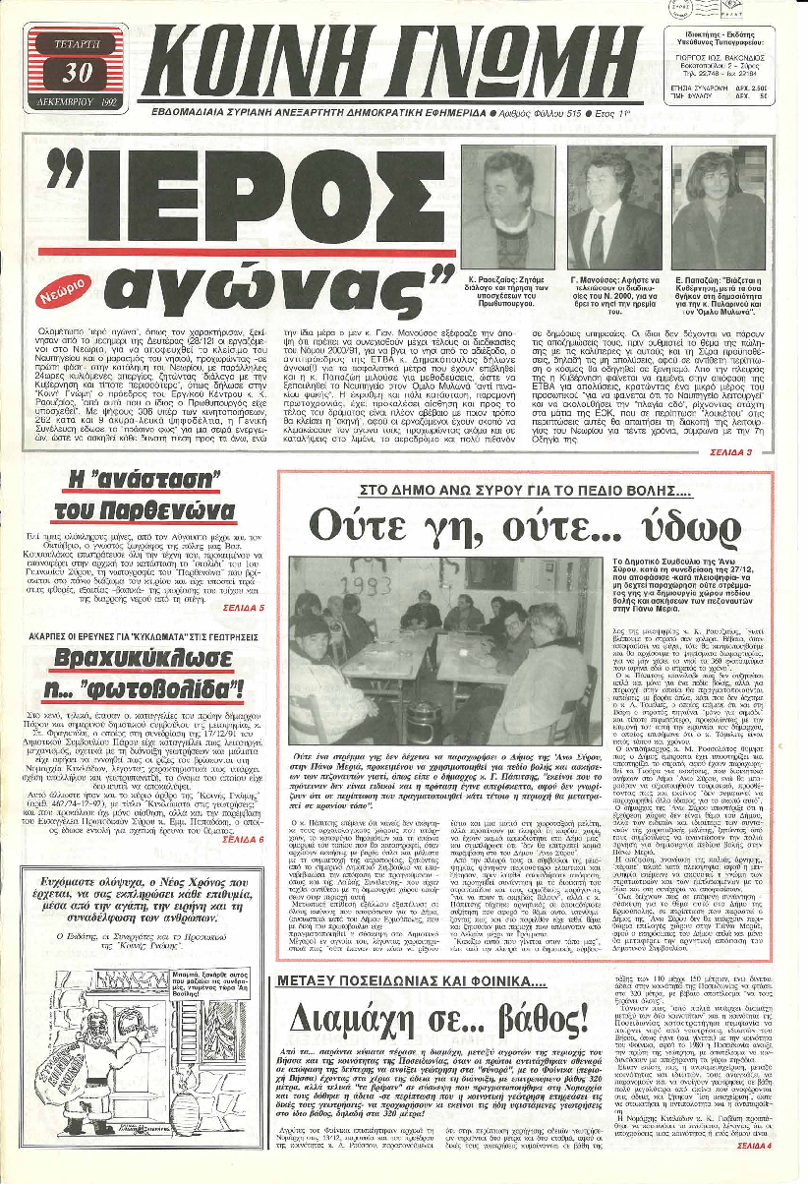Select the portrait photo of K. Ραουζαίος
(x=504, y=206)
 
